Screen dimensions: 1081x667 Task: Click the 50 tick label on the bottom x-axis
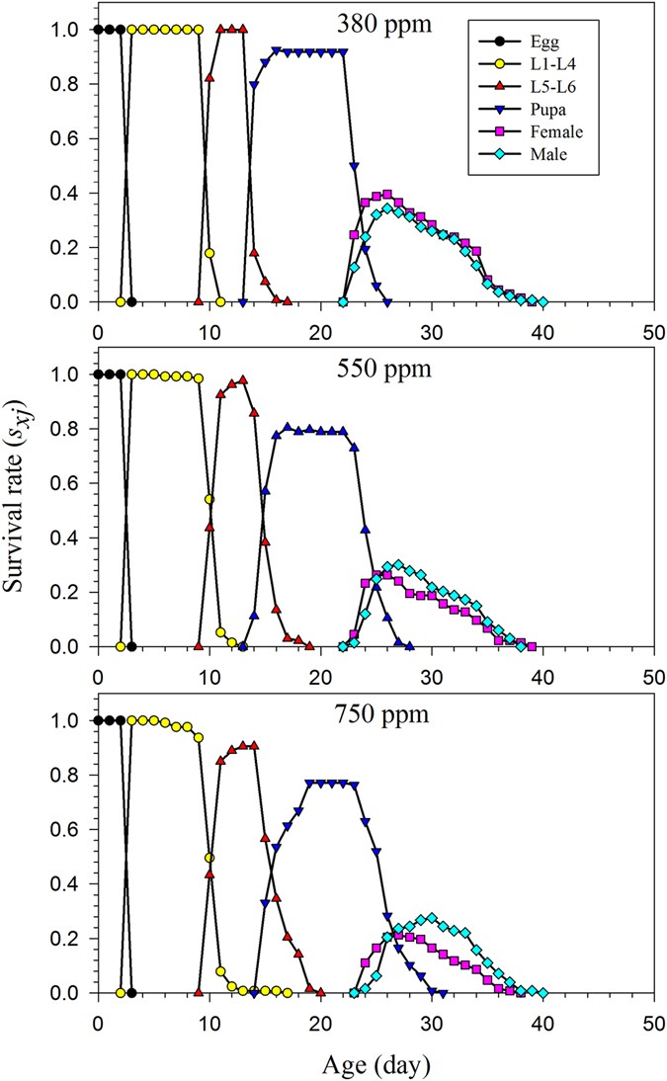pos(653,1016)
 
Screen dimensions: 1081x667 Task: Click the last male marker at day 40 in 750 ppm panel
pos(542,993)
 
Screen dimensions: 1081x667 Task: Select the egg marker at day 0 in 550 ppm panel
pos(98,374)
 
